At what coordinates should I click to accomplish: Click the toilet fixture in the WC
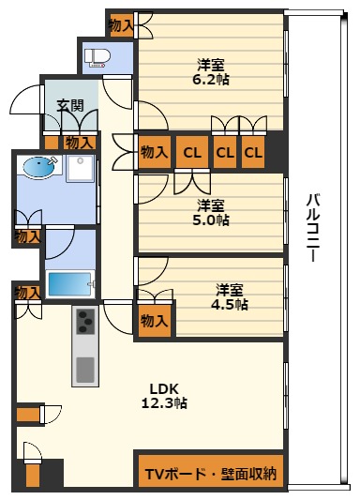tap(97, 58)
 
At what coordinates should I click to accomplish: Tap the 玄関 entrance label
tap(70, 106)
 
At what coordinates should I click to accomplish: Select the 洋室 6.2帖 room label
tap(211, 72)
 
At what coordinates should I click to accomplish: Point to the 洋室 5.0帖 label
tap(211, 213)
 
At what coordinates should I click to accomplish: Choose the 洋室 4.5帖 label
tap(230, 296)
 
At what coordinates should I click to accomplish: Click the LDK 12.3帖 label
tap(164, 396)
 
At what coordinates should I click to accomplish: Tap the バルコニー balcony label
tap(313, 228)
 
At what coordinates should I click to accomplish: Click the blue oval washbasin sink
tap(39, 166)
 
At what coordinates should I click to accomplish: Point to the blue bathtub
tap(69, 284)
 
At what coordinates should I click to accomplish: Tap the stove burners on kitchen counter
tap(85, 321)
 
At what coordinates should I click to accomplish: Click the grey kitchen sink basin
tap(85, 370)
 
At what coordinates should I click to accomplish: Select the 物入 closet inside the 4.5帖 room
tap(155, 321)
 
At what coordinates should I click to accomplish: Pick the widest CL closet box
tap(192, 152)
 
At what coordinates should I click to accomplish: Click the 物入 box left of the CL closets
tap(155, 152)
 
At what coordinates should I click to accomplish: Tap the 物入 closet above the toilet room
tap(122, 25)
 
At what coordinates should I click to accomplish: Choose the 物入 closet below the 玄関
tap(80, 143)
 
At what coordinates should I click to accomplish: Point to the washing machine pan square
tap(81, 168)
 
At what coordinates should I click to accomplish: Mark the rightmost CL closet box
tap(253, 152)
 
